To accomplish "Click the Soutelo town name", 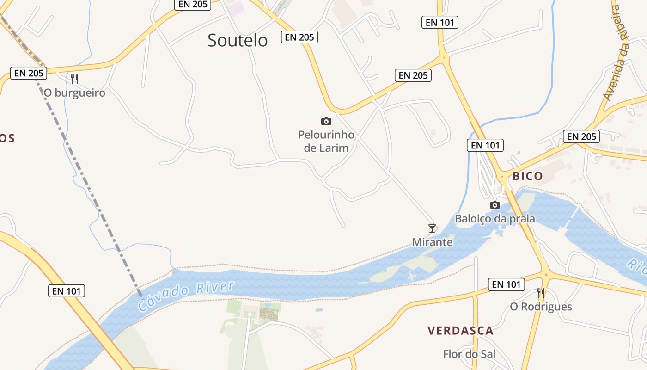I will (237, 40).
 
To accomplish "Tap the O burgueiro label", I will (74, 93).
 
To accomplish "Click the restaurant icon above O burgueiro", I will (74, 79).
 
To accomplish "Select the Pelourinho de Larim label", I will (326, 141).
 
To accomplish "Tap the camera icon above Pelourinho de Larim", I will (326, 121).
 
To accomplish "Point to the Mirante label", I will (432, 242).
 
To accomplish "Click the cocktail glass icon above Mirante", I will (432, 228).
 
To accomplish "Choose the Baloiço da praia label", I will (494, 219).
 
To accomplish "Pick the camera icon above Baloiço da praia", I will (495, 205).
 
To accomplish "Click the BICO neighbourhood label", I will (527, 176).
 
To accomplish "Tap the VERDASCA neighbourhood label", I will (460, 331).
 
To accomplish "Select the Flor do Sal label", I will (469, 354).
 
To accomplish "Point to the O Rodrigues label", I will (541, 307).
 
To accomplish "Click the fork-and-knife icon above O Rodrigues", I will (540, 293).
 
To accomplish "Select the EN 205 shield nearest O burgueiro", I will (29, 73).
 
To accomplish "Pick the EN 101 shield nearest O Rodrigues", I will (507, 284).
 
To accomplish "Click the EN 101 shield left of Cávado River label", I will (67, 291).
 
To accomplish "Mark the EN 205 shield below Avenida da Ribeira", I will (581, 136).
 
